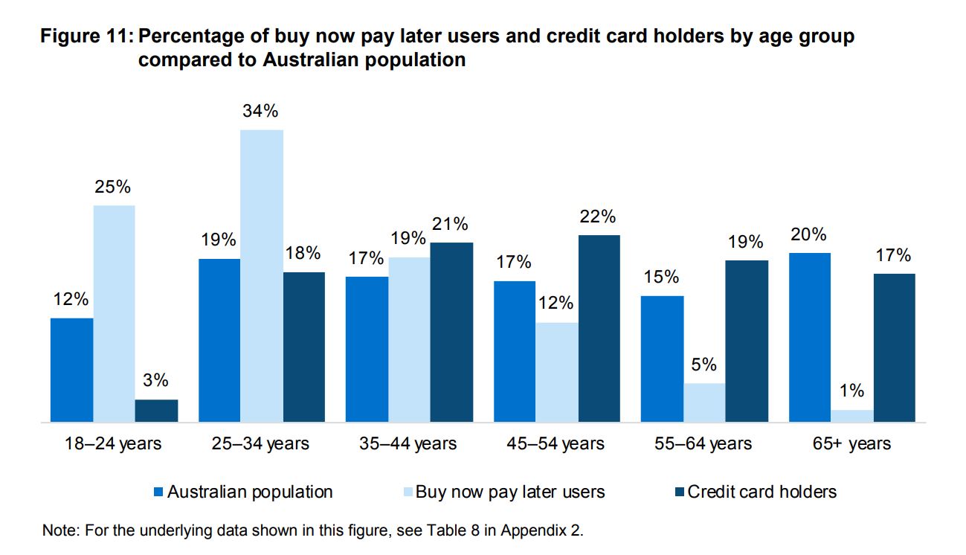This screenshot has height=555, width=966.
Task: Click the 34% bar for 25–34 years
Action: [262, 276]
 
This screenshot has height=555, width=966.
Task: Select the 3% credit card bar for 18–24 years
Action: [156, 411]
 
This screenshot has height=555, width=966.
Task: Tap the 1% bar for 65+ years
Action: [852, 416]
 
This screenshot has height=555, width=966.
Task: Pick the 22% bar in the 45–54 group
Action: [599, 329]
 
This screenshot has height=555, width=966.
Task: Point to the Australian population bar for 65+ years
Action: [810, 338]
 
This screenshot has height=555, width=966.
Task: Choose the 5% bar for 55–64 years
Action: [704, 402]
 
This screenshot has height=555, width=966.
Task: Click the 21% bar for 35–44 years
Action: [451, 333]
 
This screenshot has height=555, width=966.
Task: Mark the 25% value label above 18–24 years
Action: [113, 187]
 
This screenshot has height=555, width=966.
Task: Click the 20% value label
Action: [808, 234]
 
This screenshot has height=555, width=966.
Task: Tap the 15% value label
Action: [661, 277]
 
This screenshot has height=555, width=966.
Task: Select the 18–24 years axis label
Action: [113, 444]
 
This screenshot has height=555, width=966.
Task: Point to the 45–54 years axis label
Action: [557, 444]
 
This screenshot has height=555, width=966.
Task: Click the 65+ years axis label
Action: [852, 444]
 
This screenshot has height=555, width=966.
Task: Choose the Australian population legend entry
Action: [250, 492]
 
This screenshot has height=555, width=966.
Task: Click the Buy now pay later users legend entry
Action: [509, 492]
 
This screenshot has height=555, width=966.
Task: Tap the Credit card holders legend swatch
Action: [677, 492]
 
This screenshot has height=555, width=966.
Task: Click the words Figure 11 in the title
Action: [86, 36]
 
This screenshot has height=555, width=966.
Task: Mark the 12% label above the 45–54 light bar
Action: [557, 304]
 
